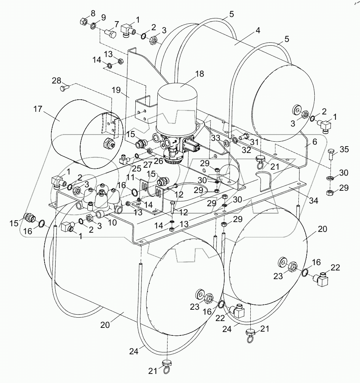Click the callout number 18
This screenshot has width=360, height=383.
click(x=199, y=74)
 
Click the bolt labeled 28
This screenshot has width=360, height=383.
click(x=63, y=89)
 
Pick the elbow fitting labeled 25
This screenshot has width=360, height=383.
click(x=124, y=161)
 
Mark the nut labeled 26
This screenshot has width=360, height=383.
click(x=150, y=151)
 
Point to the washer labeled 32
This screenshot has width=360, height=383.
click(x=234, y=141)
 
